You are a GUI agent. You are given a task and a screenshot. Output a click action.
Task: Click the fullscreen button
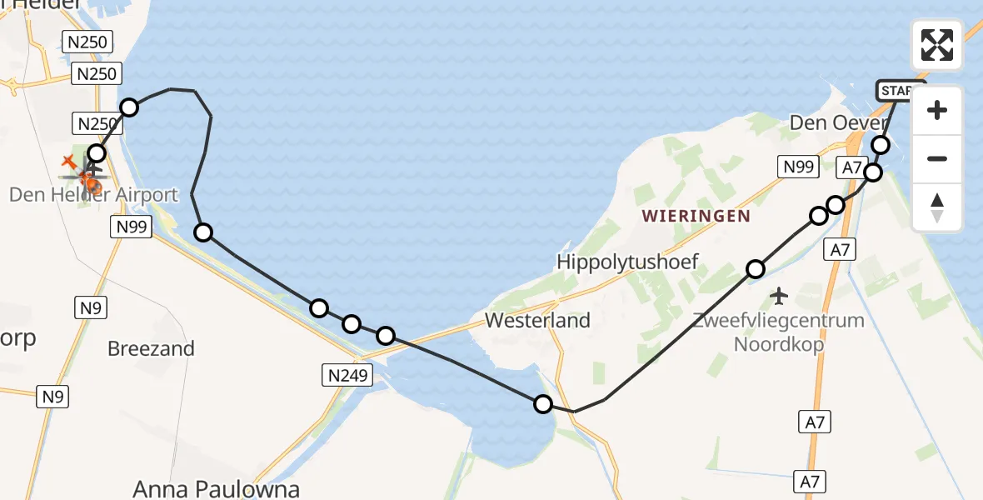coord(937,45)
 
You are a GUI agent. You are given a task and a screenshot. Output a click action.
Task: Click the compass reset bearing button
coord(937,207)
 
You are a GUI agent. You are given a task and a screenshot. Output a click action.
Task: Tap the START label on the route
coord(899,90)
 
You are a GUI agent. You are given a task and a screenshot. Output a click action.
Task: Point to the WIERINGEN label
coord(696,217)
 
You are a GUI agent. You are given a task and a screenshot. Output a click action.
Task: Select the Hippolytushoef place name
coord(627,262)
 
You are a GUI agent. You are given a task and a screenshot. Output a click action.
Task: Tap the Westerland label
coord(537,320)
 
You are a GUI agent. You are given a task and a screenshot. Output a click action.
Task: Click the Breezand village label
coord(151,347)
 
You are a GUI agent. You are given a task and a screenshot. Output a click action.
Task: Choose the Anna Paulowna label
coord(217,488)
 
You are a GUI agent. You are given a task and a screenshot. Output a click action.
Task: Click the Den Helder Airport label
coord(93,195)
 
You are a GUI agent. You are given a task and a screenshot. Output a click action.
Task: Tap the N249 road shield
coord(346,376)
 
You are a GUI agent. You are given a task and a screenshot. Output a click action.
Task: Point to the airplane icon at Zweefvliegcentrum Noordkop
coord(779,295)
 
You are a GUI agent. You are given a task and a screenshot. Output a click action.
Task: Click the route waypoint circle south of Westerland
coord(543,404)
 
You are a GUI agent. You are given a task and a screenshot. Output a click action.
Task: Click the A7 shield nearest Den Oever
coord(851,168)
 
